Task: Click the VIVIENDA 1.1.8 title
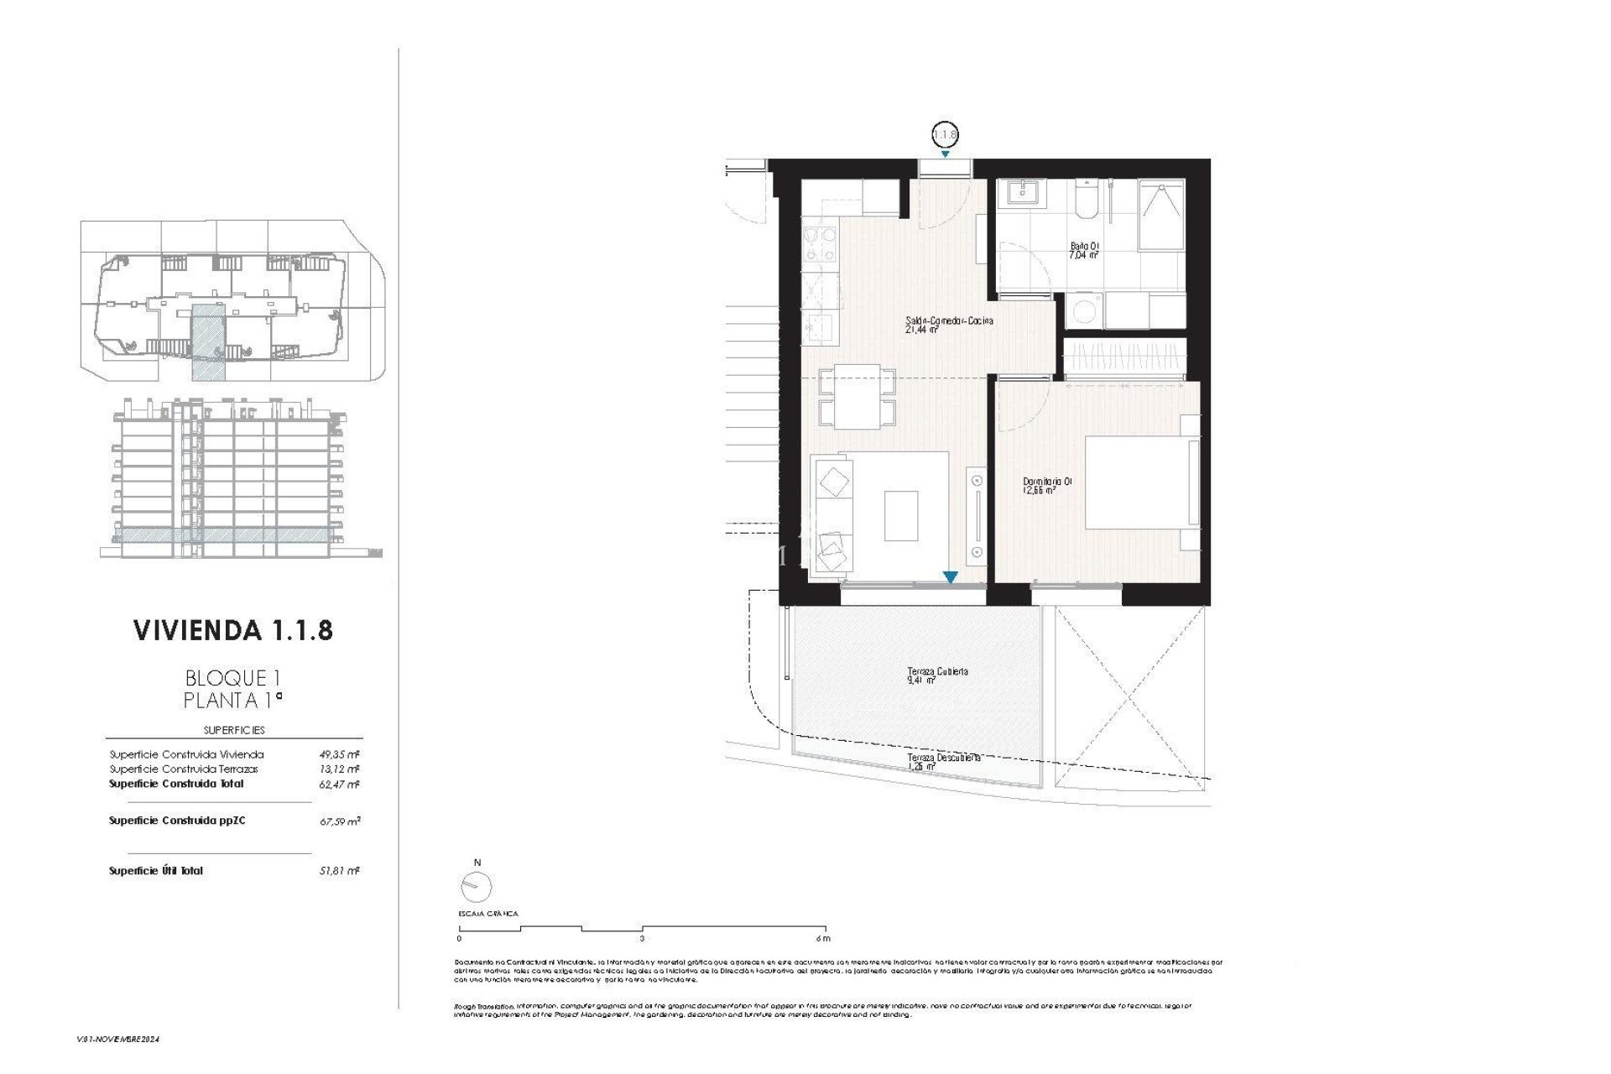[233, 630]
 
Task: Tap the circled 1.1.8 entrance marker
[945, 134]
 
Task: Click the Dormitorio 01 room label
[1046, 486]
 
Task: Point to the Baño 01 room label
[1084, 250]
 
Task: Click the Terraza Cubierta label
[937, 675]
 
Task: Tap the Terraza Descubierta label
[943, 761]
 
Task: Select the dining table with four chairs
[857, 396]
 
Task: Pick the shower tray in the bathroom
[1161, 216]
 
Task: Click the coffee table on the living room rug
[900, 515]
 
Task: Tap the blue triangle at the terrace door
[950, 577]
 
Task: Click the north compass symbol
[477, 885]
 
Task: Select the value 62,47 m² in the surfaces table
[339, 785]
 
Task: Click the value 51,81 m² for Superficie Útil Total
[339, 872]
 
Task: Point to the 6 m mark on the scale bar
[823, 938]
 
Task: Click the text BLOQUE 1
[226, 677]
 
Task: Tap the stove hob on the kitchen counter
[820, 245]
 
